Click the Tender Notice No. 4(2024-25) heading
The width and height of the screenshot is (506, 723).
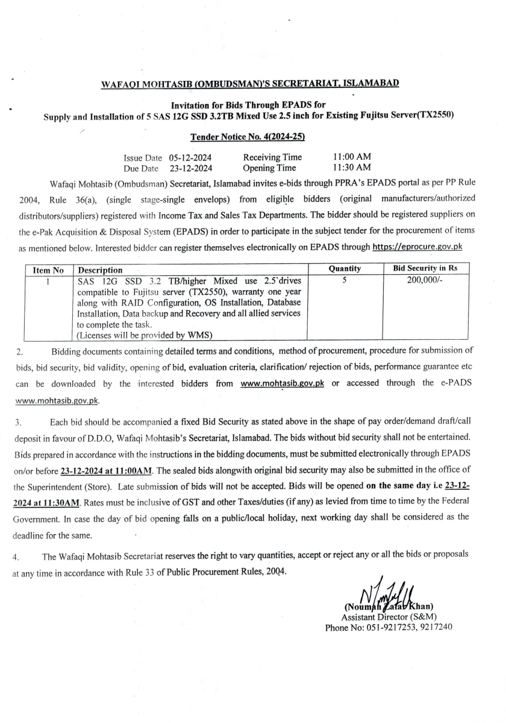click(247, 137)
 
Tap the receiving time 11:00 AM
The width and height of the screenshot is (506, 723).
click(352, 157)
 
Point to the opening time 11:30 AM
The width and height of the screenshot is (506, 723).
click(352, 167)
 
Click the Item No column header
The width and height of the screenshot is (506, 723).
click(49, 270)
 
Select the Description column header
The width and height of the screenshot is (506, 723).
click(100, 270)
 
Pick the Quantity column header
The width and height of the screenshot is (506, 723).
click(345, 269)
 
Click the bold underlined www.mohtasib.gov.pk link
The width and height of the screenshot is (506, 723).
click(282, 384)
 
